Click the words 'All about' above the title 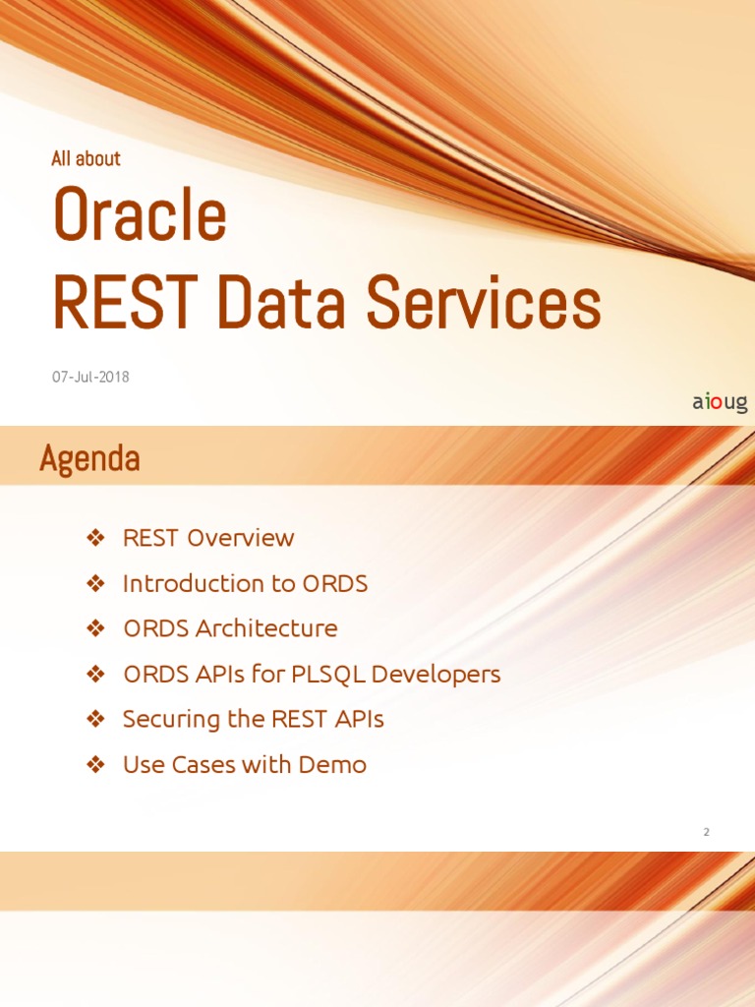click(86, 158)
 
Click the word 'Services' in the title click(484, 304)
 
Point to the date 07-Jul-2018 click(90, 377)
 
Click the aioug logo click(720, 402)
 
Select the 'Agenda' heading click(89, 458)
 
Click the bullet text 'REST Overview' click(207, 538)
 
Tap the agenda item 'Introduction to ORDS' click(245, 583)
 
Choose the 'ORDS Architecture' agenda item click(230, 628)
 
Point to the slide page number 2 click(706, 832)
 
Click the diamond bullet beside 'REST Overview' click(95, 538)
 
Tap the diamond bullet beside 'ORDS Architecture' click(95, 628)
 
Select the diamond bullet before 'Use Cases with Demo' click(95, 764)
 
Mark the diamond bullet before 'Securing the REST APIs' click(95, 719)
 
